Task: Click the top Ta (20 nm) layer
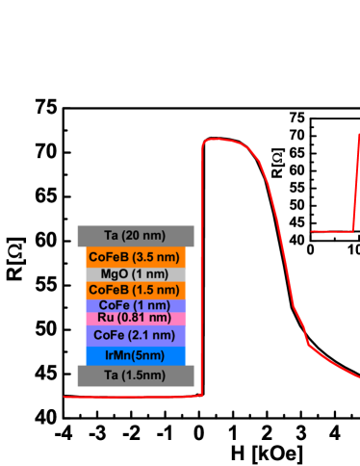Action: (x=136, y=236)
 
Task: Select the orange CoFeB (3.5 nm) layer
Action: (x=136, y=257)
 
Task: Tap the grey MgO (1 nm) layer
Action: (x=136, y=273)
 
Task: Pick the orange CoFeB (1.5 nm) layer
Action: (x=136, y=290)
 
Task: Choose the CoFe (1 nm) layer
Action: (x=136, y=305)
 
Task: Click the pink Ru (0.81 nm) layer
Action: (x=136, y=318)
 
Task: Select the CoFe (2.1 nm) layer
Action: (x=136, y=335)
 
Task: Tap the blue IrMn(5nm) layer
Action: (x=136, y=355)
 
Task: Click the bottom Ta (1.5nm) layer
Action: (x=136, y=375)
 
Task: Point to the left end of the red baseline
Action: (x=65, y=396)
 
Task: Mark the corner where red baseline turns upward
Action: (x=201, y=395)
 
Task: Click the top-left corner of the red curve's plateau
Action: (x=204, y=142)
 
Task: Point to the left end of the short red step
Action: (x=312, y=231)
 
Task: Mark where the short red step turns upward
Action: (x=353, y=230)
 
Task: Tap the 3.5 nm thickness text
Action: (x=152, y=257)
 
